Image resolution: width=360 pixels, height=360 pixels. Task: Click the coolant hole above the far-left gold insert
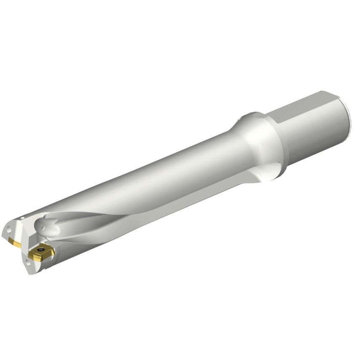coord(9,231)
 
